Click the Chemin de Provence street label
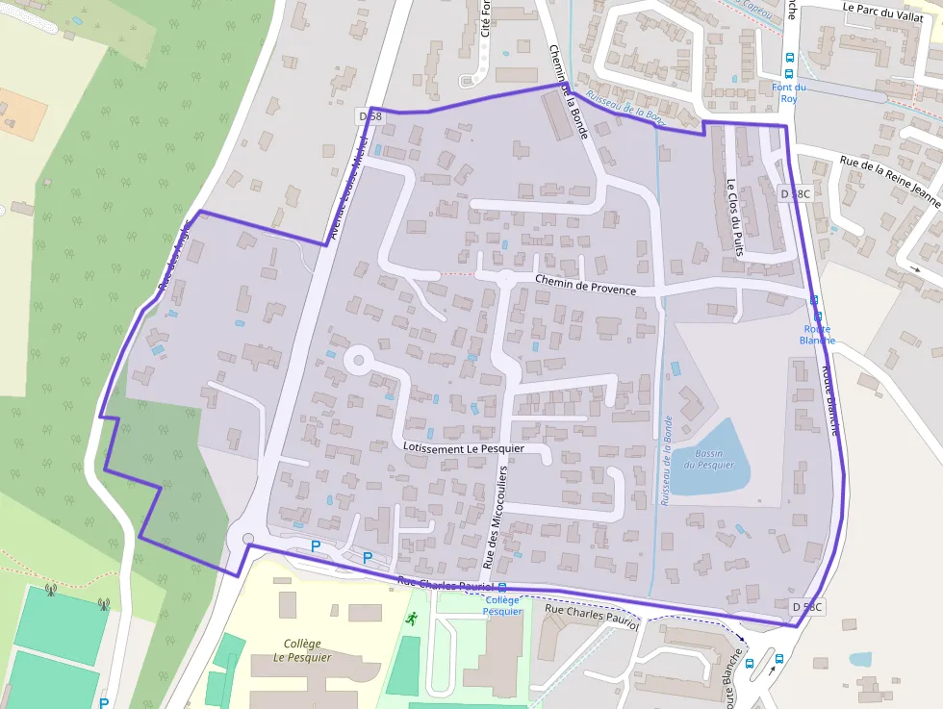coord(585,284)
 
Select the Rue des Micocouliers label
coord(496,517)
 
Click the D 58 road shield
coord(370,116)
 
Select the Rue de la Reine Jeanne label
coord(889,182)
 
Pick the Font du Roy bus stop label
coord(789,92)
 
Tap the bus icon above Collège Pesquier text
coord(501,587)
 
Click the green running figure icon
coord(412,619)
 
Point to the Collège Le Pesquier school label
coord(308,650)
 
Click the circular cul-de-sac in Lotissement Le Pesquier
coord(358,362)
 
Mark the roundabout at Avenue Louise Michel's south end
coord(247,540)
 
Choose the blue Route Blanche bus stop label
coord(817,334)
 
